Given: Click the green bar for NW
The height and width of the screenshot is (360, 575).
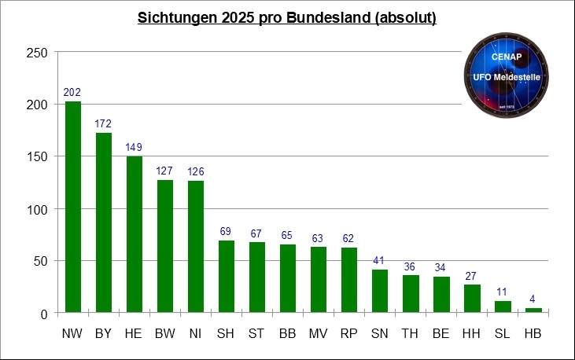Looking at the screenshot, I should coord(72,208).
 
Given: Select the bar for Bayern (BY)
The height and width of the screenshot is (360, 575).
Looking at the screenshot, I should coord(103,223).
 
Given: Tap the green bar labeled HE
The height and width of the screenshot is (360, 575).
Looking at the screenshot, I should coord(135,235).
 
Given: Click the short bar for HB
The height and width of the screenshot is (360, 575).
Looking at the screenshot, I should coord(533,311).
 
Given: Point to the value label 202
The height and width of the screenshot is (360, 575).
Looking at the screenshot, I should coord(72,93).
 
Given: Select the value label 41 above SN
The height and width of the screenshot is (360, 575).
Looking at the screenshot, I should coord(380,261).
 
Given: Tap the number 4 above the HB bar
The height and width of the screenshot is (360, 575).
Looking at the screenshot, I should coord(533,299).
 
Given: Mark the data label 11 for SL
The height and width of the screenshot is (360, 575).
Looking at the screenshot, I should coord(503,292).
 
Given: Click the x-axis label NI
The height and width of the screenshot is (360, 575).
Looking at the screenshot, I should coord(196,334).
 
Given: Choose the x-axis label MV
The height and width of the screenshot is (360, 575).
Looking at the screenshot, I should coord(319,334).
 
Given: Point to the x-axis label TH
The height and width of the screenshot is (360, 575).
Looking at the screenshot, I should coord(411,334).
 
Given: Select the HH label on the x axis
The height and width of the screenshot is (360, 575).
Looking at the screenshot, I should coord(472,334).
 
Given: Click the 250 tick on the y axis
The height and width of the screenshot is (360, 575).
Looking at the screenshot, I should coord(37,53).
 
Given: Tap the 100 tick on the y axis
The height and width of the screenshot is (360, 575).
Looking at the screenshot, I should coord(37,209).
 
